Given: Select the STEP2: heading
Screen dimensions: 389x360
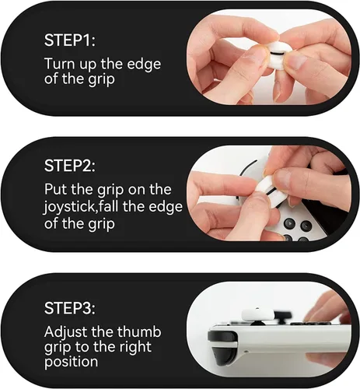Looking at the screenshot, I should pyautogui.click(x=72, y=166).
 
